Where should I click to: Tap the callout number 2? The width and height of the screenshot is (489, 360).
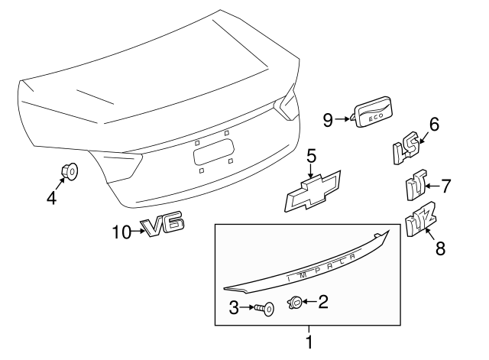[323, 303]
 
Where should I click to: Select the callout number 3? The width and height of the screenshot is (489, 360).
[235, 308]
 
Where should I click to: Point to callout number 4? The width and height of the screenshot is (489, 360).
[51, 198]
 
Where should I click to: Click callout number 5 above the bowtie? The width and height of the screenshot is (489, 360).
[311, 157]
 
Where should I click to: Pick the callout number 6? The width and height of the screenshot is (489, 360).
[433, 124]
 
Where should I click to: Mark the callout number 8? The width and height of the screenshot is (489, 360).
[439, 247]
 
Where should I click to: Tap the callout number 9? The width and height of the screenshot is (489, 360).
[328, 119]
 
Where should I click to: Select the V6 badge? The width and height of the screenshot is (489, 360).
[164, 226]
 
